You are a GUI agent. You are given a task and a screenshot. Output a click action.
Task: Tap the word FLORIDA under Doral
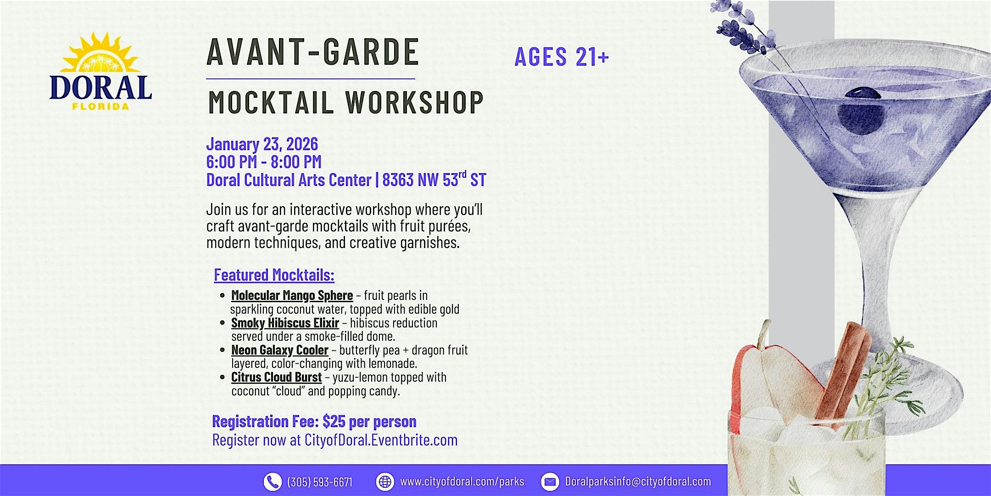click(100, 107)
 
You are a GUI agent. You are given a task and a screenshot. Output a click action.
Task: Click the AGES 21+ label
click(562, 56)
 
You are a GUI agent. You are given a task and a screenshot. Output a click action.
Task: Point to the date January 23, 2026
click(262, 144)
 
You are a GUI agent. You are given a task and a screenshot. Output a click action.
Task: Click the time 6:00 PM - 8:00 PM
click(264, 162)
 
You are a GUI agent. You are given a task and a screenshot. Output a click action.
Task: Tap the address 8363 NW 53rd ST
click(434, 179)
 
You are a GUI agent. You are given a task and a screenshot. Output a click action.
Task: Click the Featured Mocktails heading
click(274, 275)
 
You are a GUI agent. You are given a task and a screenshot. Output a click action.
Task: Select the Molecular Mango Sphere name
click(292, 295)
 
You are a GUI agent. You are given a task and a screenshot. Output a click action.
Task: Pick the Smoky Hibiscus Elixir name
click(285, 323)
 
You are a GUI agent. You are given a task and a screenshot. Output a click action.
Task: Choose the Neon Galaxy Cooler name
click(280, 350)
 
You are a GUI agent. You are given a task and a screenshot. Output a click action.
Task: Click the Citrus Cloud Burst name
click(276, 377)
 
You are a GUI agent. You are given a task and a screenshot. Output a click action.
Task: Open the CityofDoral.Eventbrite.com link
click(381, 440)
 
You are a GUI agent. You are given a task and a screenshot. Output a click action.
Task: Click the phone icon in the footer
click(272, 482)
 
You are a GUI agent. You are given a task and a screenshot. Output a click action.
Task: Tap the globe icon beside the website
click(385, 482)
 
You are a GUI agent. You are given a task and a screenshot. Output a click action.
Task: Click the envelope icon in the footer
click(550, 482)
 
